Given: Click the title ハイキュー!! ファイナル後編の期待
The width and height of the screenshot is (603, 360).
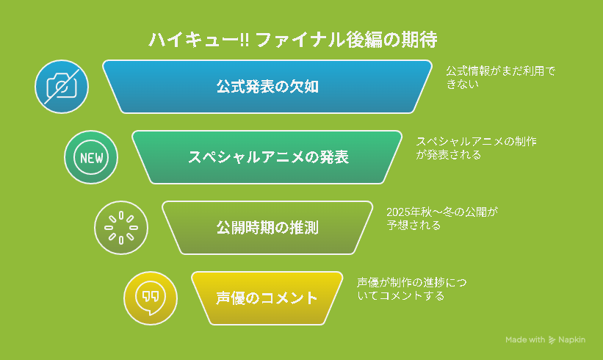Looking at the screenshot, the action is (292, 40).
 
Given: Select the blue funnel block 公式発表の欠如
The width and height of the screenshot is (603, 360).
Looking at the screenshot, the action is (267, 87).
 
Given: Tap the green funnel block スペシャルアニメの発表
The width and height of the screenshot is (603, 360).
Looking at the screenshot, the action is (267, 157).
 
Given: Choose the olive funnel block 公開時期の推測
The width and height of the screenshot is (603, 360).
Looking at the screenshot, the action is (267, 228).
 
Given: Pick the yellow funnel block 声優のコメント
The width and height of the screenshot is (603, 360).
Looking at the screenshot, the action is (267, 298).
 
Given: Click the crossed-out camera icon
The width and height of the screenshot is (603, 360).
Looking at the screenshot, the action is (62, 87).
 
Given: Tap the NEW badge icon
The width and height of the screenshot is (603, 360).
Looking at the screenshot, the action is (91, 157).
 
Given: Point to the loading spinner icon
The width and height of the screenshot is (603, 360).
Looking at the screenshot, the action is (120, 228).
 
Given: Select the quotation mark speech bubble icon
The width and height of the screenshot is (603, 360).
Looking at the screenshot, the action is (151, 298).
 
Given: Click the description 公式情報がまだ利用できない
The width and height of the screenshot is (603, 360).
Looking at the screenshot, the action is (501, 77).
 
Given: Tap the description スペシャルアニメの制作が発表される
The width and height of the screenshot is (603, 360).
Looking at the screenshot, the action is (476, 148).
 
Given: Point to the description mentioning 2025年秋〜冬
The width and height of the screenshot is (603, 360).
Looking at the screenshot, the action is (442, 218).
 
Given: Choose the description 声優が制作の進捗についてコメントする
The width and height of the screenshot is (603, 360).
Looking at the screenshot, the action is (411, 289).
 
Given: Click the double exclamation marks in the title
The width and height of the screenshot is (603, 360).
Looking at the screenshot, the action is (245, 40).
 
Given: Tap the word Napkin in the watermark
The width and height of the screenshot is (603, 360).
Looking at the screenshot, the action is (572, 339).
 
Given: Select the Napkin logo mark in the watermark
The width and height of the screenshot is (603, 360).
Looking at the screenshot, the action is (552, 339).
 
